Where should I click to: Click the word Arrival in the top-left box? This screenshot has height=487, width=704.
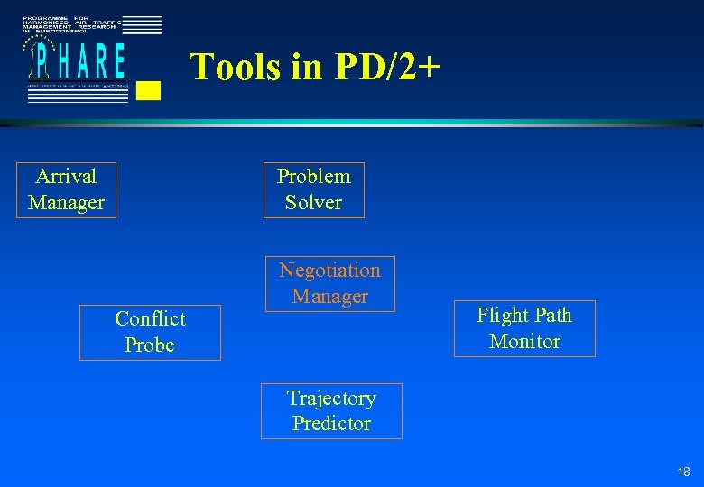click(x=66, y=176)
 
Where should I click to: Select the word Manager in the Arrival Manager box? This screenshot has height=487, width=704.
click(x=66, y=203)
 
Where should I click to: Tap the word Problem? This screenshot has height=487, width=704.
click(x=313, y=177)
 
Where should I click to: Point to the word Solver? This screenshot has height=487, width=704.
click(x=313, y=203)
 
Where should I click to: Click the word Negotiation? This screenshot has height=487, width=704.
click(x=329, y=271)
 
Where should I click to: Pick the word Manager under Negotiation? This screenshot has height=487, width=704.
click(x=329, y=297)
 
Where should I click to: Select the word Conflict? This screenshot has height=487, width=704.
click(x=150, y=319)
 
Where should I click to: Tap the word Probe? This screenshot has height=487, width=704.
click(x=150, y=345)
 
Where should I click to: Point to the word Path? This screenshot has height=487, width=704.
click(x=551, y=316)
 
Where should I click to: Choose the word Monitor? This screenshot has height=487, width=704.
click(x=524, y=342)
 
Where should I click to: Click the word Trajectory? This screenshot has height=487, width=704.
click(x=331, y=399)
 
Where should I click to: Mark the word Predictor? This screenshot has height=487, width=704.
click(x=331, y=424)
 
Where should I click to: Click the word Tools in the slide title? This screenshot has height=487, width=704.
click(x=235, y=68)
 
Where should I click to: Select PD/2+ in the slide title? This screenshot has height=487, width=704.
click(x=388, y=68)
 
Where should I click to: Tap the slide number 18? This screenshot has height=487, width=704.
click(x=683, y=473)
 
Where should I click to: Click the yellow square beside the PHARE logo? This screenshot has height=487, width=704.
click(x=151, y=90)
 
